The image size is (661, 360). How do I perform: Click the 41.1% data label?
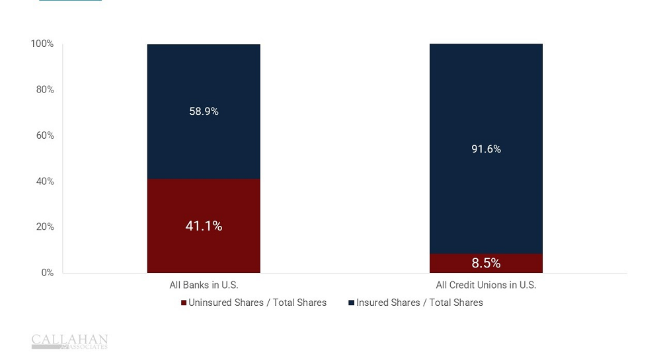(x=204, y=226)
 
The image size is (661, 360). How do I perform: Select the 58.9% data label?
(x=204, y=112)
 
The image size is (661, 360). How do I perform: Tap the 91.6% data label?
(x=486, y=149)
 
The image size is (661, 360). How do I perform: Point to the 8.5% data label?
(x=486, y=263)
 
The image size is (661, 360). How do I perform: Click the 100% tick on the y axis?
(x=42, y=44)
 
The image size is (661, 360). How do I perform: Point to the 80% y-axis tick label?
(x=44, y=89)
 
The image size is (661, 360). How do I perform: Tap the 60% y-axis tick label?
(x=44, y=135)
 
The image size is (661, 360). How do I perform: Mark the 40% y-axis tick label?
(x=44, y=181)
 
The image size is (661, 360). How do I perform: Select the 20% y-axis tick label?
(x=44, y=227)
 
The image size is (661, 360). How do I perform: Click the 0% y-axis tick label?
(x=47, y=272)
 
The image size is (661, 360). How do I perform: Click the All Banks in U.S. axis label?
(x=204, y=285)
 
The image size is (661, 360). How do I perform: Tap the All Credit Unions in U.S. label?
(x=486, y=285)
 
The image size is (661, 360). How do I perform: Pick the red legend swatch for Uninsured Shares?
(x=184, y=303)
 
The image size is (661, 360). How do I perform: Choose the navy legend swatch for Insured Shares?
(x=352, y=303)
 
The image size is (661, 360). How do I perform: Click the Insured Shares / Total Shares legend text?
(x=420, y=303)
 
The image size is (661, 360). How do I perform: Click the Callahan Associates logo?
(x=69, y=342)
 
